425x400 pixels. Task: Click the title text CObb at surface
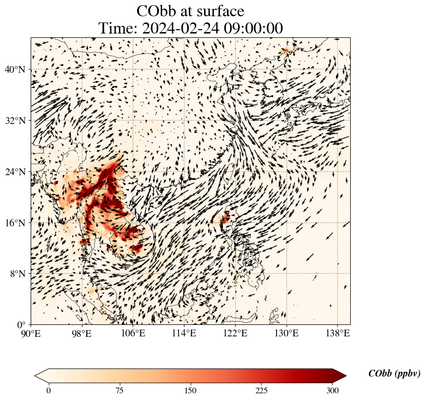point(190,11)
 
